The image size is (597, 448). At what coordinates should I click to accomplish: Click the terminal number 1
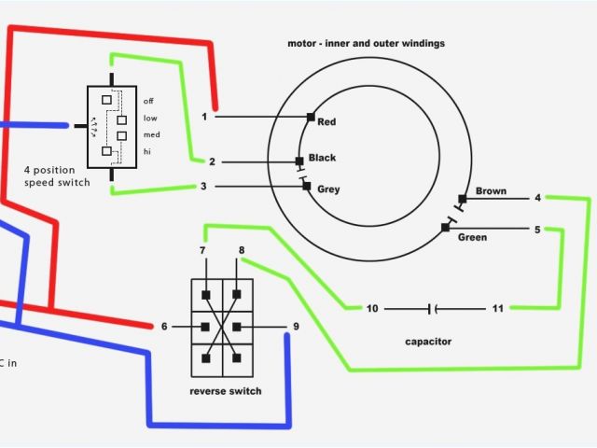point(204,117)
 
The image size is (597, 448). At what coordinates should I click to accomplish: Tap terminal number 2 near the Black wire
point(212,161)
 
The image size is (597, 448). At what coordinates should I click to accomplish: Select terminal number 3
point(204,187)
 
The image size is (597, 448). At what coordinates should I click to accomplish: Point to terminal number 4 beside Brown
point(537,197)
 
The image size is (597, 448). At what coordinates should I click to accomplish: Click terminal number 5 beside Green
point(537,229)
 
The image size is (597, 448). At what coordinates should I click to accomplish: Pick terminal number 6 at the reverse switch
point(164,326)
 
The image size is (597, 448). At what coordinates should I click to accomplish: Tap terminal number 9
point(296,326)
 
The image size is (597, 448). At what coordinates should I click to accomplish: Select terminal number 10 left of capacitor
point(372,308)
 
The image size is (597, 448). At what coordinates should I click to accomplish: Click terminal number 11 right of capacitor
point(498,308)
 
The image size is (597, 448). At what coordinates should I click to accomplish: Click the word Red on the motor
point(326,121)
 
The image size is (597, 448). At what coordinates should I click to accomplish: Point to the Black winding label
point(322,157)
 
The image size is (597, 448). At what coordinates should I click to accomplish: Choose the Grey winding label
point(328,189)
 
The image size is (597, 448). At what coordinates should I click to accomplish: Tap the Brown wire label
point(491,191)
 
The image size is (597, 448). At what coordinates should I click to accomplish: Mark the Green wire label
point(473,236)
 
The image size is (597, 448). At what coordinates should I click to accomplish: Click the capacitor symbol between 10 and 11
point(431,308)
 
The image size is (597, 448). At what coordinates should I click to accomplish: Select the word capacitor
point(429,342)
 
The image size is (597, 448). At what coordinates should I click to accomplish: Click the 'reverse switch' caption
point(226,391)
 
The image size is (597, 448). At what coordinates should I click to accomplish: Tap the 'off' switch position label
point(149,100)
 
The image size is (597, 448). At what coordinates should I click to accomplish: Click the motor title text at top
point(366,43)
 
